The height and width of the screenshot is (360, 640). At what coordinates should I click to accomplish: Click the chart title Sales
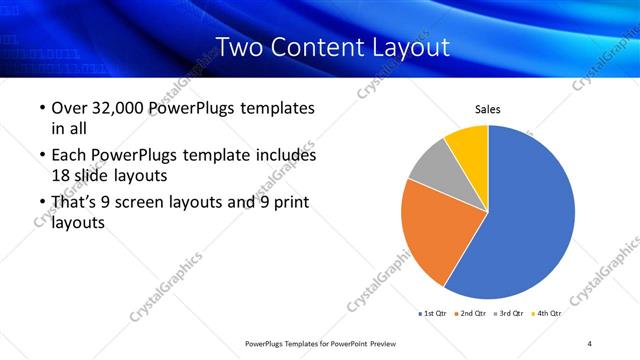pos(487,110)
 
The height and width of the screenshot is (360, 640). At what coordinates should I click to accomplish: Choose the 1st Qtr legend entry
pos(433,314)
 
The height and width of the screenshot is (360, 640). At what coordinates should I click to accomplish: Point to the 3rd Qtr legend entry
pos(510,314)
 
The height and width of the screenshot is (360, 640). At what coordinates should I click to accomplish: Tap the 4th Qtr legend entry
pos(548,314)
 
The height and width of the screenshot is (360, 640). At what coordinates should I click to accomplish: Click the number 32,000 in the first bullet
pos(120,108)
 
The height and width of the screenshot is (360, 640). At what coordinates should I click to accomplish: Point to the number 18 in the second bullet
pos(60,175)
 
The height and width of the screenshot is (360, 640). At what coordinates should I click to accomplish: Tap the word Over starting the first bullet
pos(71,108)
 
